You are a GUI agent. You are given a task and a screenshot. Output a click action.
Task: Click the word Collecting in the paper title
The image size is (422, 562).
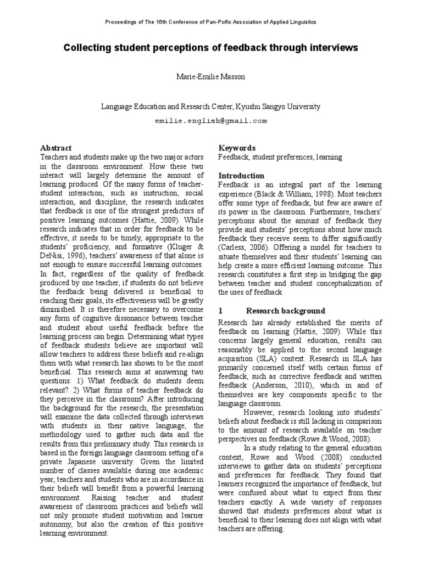(86, 48)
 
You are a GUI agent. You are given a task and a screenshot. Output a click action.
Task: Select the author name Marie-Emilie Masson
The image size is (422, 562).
(210, 77)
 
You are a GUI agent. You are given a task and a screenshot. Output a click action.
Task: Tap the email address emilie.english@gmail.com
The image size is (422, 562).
(210, 121)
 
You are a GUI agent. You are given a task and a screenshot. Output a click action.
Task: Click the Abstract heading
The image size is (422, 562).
(57, 148)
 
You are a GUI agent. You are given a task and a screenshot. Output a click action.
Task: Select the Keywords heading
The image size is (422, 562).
(237, 148)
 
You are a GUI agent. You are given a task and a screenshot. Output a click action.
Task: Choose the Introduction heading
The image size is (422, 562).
(241, 176)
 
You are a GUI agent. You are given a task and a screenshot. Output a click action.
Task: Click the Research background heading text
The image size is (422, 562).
(285, 311)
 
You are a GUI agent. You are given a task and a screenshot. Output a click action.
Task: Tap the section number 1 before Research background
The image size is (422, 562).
(220, 311)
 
